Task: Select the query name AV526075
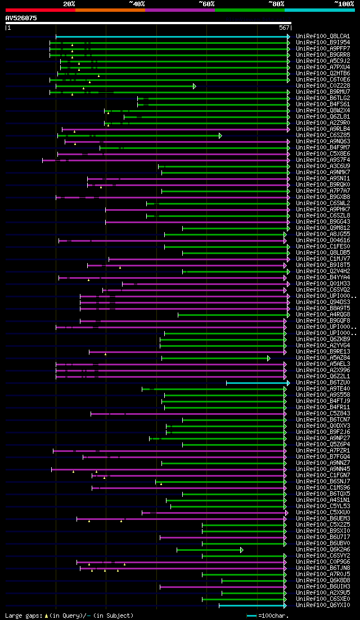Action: pyautogui.click(x=21, y=18)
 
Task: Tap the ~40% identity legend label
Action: pyautogui.click(x=137, y=3)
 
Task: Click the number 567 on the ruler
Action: pyautogui.click(x=283, y=28)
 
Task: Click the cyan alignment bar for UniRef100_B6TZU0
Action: pyautogui.click(x=256, y=383)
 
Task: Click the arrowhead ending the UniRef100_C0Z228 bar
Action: pyautogui.click(x=195, y=86)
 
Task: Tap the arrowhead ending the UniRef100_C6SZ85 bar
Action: pyautogui.click(x=220, y=135)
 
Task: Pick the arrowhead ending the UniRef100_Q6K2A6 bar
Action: pyautogui.click(x=242, y=550)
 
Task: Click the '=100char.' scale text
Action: pyautogui.click(x=273, y=616)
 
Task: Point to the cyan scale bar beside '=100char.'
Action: pyautogui.click(x=251, y=616)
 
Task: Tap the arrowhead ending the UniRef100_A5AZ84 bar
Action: pyautogui.click(x=269, y=358)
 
